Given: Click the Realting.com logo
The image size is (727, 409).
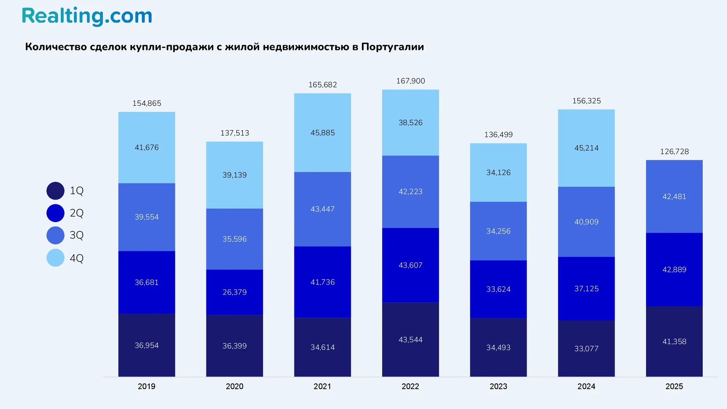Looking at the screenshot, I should pos(87,16).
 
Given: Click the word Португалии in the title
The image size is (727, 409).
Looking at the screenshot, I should pos(392,47).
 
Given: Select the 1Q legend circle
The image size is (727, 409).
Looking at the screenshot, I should pos(55,191).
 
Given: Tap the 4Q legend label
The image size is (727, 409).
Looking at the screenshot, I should pos(76,258).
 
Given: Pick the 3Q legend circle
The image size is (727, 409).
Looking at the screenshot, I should pos(55,235).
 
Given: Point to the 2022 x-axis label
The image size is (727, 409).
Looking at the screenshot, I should pos(410,386).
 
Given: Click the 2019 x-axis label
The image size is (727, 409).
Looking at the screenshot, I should pos(147,386).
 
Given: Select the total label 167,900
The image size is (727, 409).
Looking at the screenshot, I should pos(410,81).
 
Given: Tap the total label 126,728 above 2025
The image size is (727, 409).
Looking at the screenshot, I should pos(674,151).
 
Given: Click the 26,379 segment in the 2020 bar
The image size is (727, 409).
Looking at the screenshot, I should pos(234,292).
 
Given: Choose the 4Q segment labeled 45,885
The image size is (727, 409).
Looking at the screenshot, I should pos(322,133).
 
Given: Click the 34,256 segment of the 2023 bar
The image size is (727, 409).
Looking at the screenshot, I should pos(498,231).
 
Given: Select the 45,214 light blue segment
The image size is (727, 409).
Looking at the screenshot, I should pos(586,148).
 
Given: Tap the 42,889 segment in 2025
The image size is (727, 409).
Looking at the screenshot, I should pos(674,270).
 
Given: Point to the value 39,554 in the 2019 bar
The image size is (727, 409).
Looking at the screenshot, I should pos(147,217).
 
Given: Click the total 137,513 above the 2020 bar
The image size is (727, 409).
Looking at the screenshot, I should pos(234,133).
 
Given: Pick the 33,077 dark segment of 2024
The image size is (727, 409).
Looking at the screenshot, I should pos(586,348).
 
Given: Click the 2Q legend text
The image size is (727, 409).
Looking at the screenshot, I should pos(76,213).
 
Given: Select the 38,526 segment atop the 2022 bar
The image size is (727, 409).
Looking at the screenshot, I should pos(410,123).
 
